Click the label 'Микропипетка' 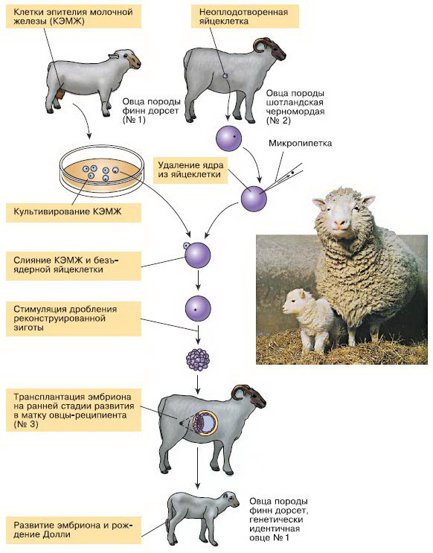tap(300, 143)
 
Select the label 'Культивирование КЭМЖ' tap(68, 211)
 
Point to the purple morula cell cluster tap(198, 359)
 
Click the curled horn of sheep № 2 tap(260, 44)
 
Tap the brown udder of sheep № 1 tap(60, 95)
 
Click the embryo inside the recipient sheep tap(205, 423)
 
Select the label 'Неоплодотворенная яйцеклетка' tap(243, 16)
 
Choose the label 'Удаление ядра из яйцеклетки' tap(190, 170)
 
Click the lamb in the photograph tap(309, 319)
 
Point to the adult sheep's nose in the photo tap(340, 223)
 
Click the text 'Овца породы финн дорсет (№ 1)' tap(151, 111)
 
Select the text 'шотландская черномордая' tap(295, 107)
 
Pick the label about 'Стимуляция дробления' tap(65, 318)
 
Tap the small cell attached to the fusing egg tap(186, 246)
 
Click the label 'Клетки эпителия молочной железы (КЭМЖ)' tap(73, 16)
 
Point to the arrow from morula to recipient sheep tap(198, 384)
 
